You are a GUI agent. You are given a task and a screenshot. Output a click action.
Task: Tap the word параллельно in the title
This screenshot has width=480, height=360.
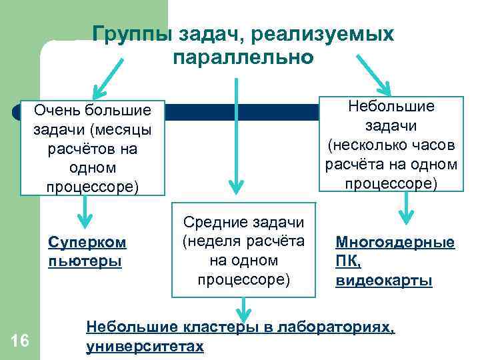point(243,57)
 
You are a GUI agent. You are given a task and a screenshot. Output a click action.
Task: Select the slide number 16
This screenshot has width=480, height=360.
point(20,341)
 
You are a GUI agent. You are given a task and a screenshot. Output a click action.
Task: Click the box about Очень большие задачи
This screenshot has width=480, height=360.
point(93,147)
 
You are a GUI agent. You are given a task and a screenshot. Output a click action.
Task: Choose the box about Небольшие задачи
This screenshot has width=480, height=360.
point(391,145)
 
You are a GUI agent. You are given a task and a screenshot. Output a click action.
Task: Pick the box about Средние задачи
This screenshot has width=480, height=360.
point(243,250)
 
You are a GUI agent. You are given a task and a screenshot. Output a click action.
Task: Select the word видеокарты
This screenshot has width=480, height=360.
point(383,280)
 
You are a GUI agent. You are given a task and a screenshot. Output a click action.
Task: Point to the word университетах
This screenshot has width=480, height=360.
point(145,347)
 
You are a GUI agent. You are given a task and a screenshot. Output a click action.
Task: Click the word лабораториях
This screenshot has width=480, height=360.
point(336,327)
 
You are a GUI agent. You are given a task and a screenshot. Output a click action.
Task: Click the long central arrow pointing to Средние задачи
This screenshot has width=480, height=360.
point(234,133)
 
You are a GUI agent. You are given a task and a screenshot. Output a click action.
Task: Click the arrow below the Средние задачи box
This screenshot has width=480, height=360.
point(244,309)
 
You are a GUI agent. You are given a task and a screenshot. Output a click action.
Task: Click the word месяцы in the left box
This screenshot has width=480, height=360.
point(127,129)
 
